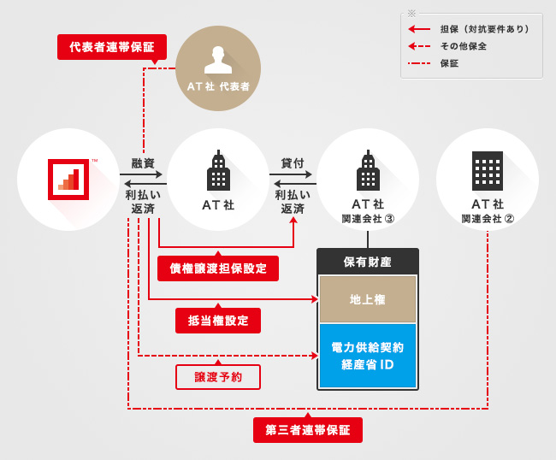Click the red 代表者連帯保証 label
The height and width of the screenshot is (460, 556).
pos(112,47)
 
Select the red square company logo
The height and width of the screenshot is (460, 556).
pos(68,179)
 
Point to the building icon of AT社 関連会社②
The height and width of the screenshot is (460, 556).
pos(488,172)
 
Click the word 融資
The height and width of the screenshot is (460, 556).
pos(143,162)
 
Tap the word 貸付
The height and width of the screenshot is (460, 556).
pos(293,162)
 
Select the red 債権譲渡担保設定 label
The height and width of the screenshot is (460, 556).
pos(218,268)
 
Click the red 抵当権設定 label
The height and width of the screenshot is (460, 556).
pos(218,321)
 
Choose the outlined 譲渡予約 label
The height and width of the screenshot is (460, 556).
pos(218,376)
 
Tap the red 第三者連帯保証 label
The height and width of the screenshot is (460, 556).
pos(308,430)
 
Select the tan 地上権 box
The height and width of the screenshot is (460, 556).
pos(368,299)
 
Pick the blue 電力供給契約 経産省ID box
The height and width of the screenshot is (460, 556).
pos(368,356)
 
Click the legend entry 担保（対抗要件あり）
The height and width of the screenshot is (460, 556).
pos(484,29)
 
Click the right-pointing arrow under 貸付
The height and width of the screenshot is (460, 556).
pos(293,175)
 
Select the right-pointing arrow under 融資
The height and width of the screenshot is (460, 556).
pos(142,175)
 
